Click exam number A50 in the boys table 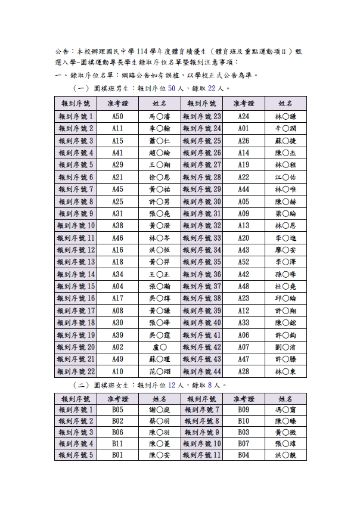(117, 116)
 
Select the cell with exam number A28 (243, 371)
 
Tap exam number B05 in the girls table (117, 410)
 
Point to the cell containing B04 (243, 455)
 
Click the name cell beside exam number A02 (159, 347)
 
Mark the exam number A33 (243, 322)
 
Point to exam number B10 (243, 421)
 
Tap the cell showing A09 (243, 213)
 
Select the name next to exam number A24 (285, 116)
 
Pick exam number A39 (117, 334)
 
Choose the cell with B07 (243, 443)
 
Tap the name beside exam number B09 (285, 410)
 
